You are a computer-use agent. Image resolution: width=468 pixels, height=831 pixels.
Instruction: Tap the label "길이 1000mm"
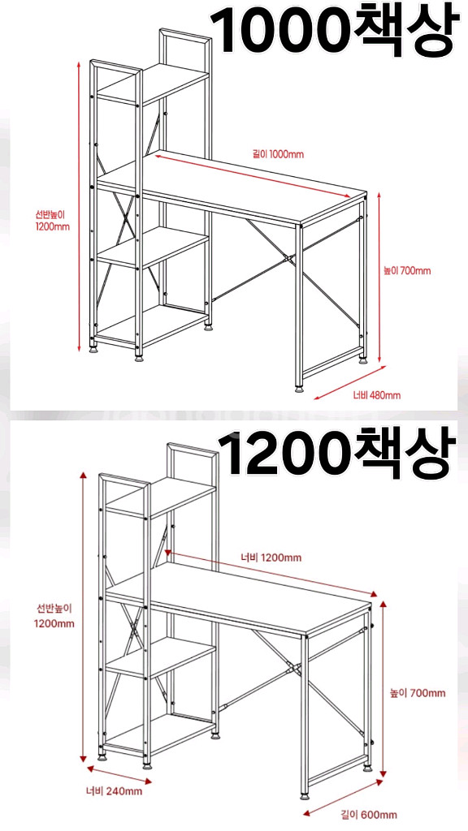click(278, 154)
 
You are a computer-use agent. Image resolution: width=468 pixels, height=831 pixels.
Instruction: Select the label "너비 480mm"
click(377, 395)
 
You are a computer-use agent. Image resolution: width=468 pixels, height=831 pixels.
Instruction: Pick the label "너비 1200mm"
click(271, 558)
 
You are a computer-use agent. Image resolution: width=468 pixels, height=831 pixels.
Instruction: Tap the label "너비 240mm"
click(114, 791)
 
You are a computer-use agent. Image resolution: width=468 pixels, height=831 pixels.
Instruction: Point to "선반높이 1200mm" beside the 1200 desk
click(54, 616)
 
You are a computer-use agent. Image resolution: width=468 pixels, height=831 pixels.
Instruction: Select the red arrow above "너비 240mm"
click(119, 773)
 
